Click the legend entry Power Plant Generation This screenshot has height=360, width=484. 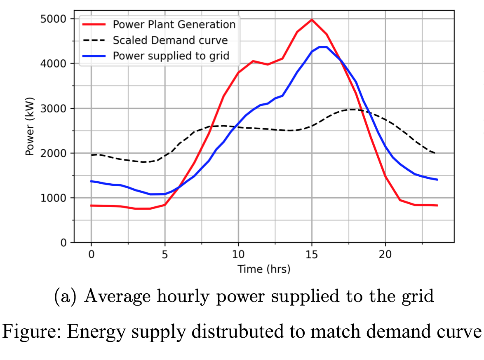(x=174, y=24)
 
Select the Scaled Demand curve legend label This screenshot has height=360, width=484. (x=170, y=40)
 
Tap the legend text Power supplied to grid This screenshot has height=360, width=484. (x=171, y=56)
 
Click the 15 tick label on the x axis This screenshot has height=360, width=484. (x=312, y=254)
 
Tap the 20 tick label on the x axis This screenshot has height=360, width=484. (x=385, y=254)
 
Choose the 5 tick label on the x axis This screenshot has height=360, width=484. (x=165, y=254)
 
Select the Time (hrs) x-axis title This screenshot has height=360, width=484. (x=264, y=269)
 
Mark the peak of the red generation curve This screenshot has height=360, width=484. (x=312, y=19)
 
